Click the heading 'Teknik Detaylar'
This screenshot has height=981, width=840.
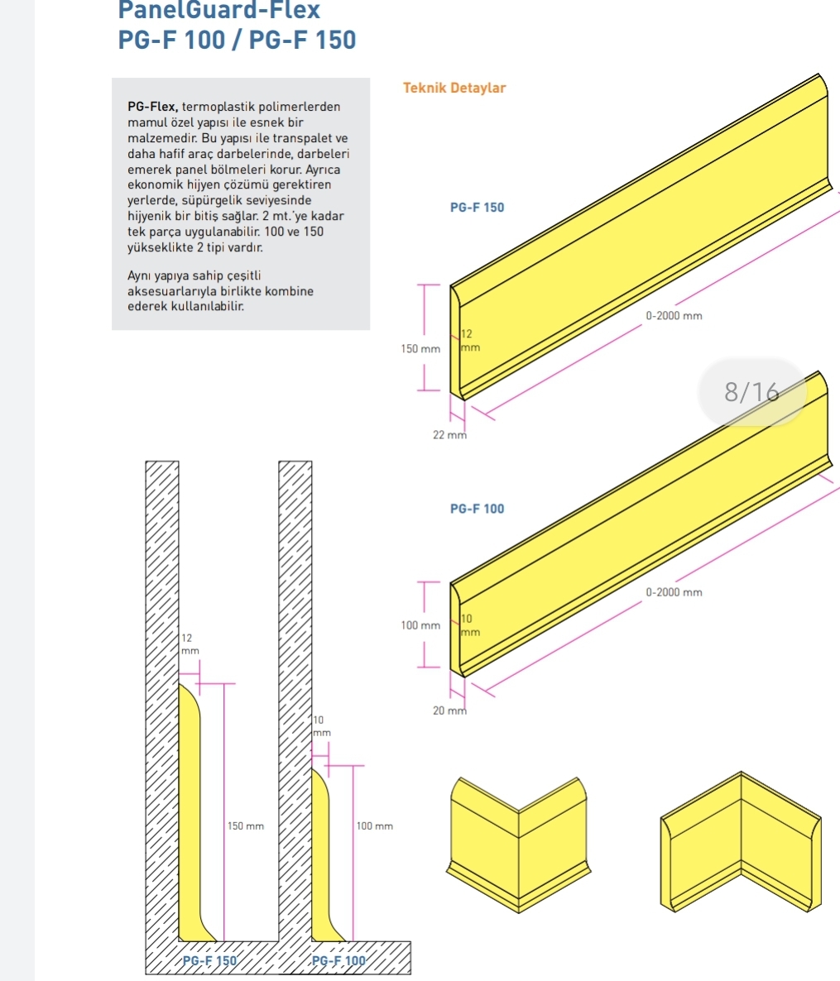tap(454, 88)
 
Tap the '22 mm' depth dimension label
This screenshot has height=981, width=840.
tap(449, 435)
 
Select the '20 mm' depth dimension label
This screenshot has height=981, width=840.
tap(449, 711)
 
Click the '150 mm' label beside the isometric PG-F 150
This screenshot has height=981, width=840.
tap(420, 349)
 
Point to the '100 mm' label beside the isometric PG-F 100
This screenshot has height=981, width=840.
tap(420, 625)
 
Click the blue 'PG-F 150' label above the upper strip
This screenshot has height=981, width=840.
tap(477, 208)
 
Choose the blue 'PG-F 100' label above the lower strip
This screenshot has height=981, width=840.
tap(477, 510)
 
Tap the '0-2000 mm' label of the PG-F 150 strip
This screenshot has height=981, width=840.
tap(674, 316)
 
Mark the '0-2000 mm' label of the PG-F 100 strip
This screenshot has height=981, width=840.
tap(674, 592)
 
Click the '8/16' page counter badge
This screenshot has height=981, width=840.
tap(751, 392)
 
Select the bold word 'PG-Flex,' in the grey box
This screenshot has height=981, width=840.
tap(153, 107)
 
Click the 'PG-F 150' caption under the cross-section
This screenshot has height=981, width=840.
tap(209, 961)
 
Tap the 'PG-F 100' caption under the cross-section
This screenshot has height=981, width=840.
tap(338, 961)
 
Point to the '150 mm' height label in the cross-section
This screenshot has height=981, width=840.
tap(245, 826)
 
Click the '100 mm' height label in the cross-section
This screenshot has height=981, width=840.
tap(374, 826)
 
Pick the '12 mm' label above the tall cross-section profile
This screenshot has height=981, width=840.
tap(190, 644)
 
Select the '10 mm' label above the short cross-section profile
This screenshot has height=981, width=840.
tap(322, 726)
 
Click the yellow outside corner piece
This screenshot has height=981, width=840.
tap(518, 845)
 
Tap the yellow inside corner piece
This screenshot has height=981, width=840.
tap(741, 841)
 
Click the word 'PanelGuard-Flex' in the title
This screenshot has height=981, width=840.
tap(218, 10)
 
